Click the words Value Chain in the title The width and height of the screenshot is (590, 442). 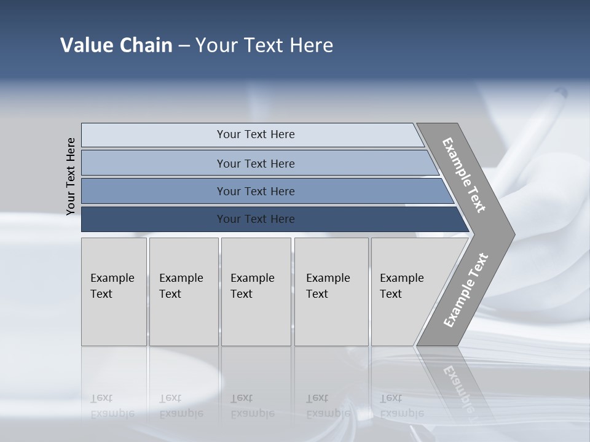(x=116, y=45)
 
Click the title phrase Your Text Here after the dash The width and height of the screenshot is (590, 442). (x=264, y=45)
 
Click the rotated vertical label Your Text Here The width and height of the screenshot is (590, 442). (x=71, y=176)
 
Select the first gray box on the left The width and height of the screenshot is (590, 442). (x=114, y=319)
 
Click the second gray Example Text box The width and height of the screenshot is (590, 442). (x=183, y=319)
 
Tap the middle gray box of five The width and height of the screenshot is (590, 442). (x=256, y=319)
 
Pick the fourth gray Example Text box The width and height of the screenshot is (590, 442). (x=331, y=319)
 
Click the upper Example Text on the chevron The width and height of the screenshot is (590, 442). (x=464, y=175)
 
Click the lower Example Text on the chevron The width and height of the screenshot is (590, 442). (x=465, y=290)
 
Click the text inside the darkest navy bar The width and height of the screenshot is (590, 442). (x=256, y=219)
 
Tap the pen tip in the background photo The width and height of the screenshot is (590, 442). (x=560, y=93)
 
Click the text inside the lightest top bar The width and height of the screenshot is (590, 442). (x=256, y=134)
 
